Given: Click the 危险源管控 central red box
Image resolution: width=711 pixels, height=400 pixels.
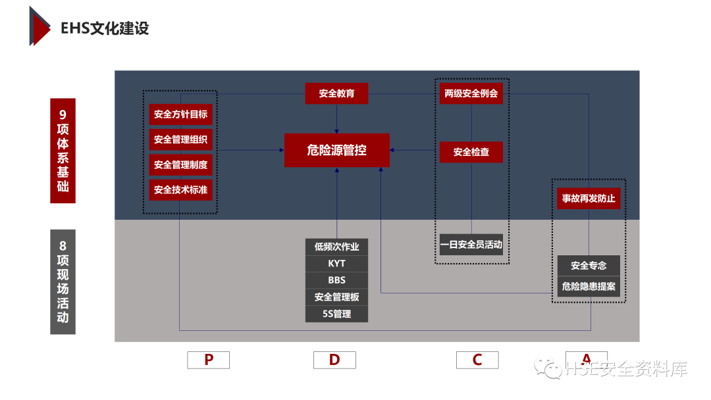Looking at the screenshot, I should point(336,150).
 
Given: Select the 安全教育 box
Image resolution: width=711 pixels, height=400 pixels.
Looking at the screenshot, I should point(336,93).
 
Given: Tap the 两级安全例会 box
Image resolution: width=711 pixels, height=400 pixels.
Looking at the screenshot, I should point(471,93).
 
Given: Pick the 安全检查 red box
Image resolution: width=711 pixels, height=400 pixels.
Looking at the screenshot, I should point(471,152).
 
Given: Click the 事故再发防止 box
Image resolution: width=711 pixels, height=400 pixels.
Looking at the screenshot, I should point(589,198).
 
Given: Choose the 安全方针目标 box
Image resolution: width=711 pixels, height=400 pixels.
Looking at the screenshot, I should point(180,114).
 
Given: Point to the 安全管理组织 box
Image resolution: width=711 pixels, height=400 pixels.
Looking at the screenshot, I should point(180,139).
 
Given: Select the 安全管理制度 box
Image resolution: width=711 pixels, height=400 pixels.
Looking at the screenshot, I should point(180,164).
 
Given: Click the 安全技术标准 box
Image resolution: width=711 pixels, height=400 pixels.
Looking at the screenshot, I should point(180,190).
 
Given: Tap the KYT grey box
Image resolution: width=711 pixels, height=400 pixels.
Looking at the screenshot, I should point(336,264).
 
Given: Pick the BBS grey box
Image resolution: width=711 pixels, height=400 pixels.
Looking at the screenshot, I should point(336,280).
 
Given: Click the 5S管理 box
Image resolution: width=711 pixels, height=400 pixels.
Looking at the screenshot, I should point(336,314).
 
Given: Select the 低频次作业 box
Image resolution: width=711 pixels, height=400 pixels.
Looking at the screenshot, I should point(336,247).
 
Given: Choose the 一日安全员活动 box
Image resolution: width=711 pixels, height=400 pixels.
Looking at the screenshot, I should point(471,245).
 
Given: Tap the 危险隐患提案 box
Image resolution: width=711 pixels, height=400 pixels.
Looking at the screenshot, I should point(589,287).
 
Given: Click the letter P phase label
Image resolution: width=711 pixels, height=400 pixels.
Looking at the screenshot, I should point(209,360).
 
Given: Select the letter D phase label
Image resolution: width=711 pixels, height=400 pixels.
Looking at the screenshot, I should point(334,360).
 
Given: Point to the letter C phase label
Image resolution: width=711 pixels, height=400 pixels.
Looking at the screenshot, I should point(477,360).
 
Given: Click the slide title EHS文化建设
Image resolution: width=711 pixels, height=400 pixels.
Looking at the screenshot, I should point(105,28).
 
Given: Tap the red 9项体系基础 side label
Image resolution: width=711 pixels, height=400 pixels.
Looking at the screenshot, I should point(63,151).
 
